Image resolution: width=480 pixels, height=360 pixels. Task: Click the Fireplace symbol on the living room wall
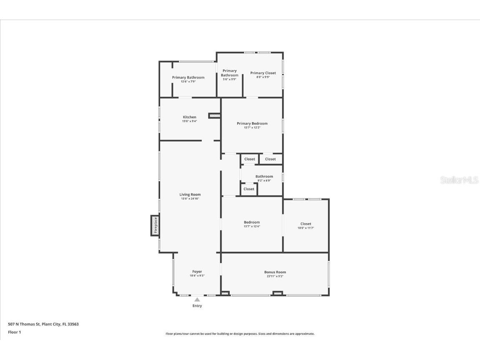point(155,226)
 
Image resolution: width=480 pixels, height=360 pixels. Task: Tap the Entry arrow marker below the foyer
point(197,300)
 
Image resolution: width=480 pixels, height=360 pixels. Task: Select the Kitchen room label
point(189,117)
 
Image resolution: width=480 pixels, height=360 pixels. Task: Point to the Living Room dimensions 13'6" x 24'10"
point(190,199)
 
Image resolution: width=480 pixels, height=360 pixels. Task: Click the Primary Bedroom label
point(252,123)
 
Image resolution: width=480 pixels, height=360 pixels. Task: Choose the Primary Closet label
point(263,73)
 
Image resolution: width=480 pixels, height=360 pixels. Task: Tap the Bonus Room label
point(275,272)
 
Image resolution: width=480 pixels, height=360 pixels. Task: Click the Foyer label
point(197,272)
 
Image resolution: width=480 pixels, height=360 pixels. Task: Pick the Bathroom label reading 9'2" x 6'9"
point(264,176)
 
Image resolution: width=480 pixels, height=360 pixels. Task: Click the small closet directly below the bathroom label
point(249,189)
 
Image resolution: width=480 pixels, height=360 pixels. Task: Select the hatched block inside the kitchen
point(214,115)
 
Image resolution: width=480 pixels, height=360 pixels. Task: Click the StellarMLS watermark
point(459,180)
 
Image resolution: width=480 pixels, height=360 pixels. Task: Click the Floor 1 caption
point(14,332)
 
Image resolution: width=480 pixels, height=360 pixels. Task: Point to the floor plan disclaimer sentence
point(240,334)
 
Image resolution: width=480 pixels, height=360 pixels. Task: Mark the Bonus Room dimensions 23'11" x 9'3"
point(275,276)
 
